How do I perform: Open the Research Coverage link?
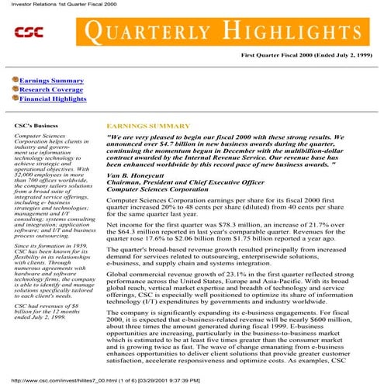[x=52, y=89]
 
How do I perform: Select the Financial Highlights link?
[x=53, y=99]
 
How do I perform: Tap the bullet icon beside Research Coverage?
[x=14, y=89]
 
